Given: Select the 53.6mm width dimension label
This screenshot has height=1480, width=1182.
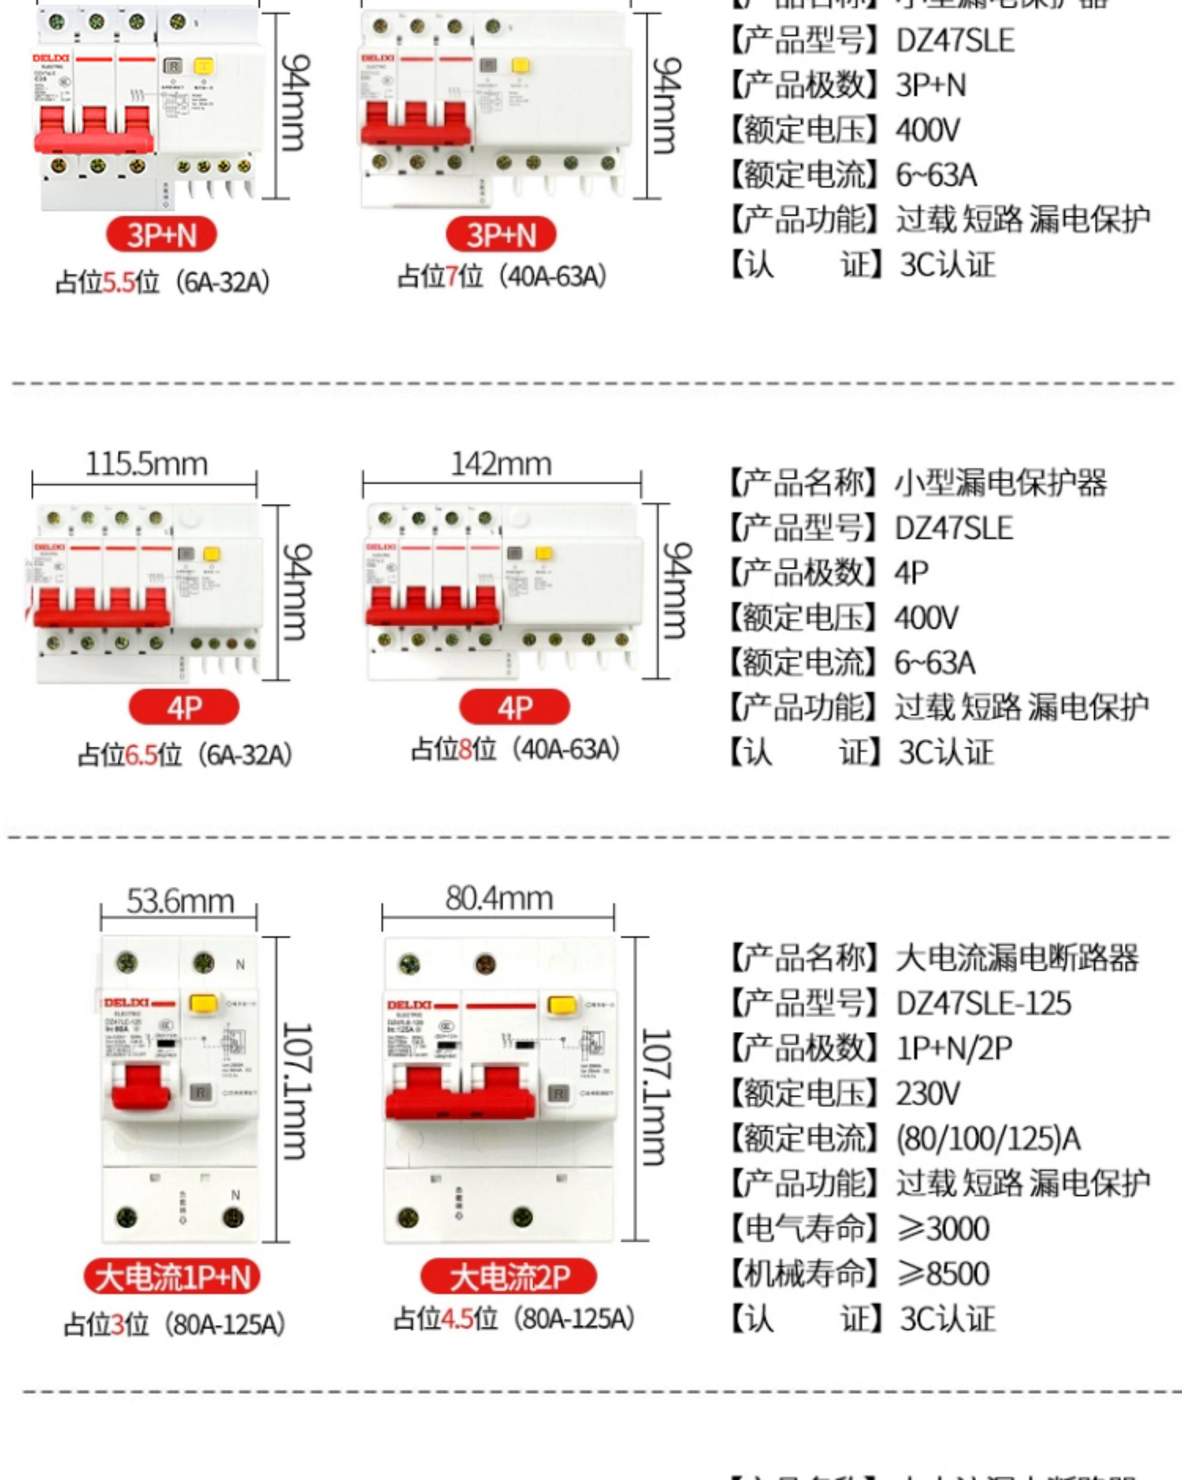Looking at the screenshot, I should point(180,901).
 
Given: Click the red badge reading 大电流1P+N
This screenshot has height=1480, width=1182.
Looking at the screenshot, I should point(172,1277).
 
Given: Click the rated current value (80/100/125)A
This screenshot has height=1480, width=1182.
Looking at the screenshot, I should point(988,1139).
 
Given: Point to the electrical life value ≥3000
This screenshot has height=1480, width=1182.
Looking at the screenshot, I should point(943,1229).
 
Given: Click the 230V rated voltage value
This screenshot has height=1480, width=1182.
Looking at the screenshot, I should point(927,1093).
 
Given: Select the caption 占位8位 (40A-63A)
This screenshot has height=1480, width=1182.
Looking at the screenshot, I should point(515,750).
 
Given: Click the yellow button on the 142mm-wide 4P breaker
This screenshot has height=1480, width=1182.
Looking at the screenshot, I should point(543,553).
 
